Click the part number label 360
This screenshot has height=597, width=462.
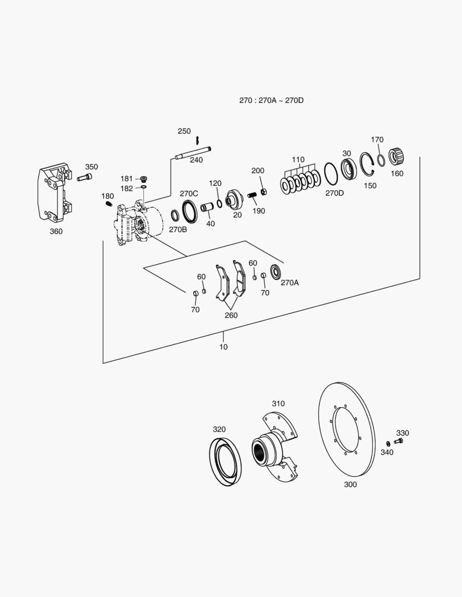56,232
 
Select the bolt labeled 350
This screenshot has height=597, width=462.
84,178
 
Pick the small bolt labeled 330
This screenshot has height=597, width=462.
399,441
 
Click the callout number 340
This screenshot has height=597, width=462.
387,453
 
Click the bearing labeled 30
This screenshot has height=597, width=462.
349,168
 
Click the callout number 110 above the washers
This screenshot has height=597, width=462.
298,160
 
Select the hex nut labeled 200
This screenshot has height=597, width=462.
264,191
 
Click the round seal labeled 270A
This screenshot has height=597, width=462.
275,273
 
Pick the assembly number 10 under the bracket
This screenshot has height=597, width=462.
224,347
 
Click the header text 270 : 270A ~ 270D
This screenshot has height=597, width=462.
272,101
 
